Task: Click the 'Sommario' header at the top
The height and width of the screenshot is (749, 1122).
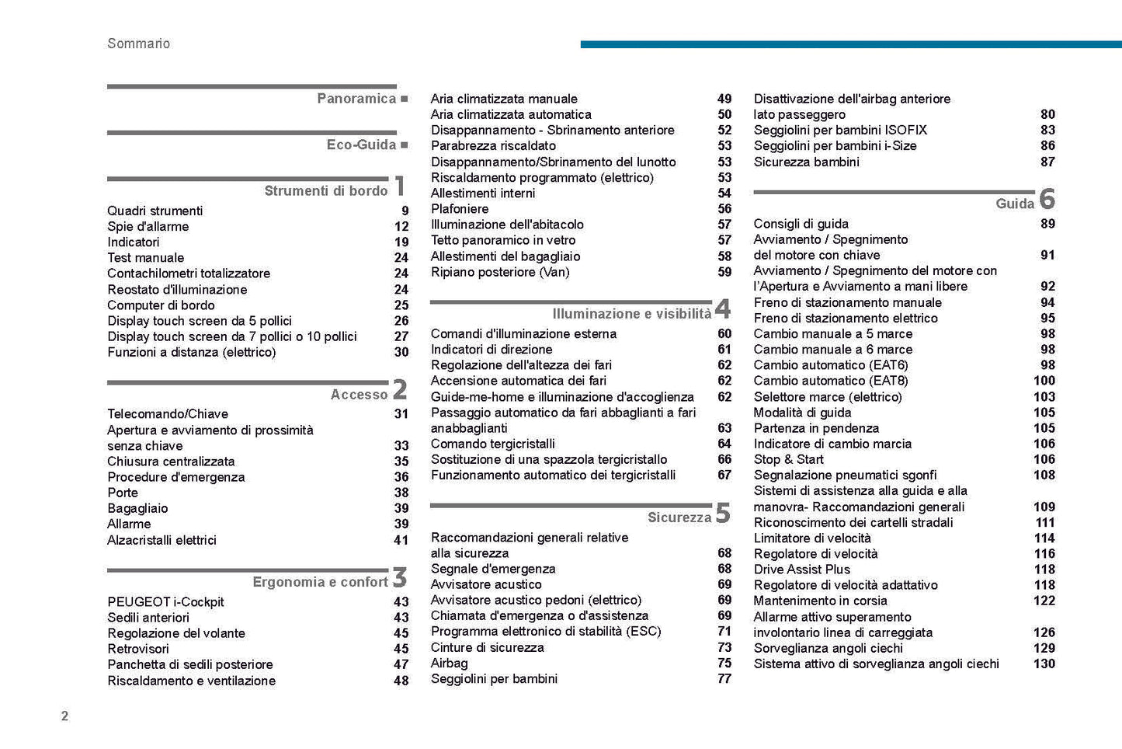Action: [x=138, y=44]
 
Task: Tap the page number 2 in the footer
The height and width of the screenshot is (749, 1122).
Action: [x=64, y=716]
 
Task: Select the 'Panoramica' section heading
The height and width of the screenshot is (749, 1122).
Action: [x=356, y=99]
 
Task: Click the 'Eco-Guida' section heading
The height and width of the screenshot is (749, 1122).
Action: [x=361, y=145]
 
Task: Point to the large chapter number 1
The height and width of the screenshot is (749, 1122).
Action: [x=399, y=187]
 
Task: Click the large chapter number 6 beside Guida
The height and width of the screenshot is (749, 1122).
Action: [x=1047, y=200]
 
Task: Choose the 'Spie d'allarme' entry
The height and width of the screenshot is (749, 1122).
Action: [x=148, y=227]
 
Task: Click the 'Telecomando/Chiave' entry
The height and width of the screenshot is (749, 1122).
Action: [x=168, y=414]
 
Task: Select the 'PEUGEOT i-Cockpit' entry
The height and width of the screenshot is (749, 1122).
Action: [x=165, y=602]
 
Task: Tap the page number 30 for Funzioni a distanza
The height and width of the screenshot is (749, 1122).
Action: [x=401, y=352]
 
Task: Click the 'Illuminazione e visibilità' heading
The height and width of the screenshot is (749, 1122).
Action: [x=631, y=314]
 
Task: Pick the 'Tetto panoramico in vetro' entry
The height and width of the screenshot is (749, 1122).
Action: [x=503, y=240]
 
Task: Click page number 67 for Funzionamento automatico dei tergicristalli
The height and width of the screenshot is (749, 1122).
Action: [x=724, y=475]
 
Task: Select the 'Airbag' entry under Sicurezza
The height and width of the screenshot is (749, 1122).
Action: [x=450, y=663]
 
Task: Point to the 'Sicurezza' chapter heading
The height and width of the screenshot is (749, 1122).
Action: [x=679, y=517]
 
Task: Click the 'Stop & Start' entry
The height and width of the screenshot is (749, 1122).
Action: [x=788, y=459]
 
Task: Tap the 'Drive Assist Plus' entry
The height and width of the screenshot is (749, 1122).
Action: [x=802, y=570]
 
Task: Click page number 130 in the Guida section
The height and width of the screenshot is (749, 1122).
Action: [x=1044, y=664]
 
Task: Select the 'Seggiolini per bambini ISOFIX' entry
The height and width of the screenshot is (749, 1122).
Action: [x=840, y=130]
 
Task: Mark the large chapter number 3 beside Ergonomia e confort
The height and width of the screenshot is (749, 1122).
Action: [x=399, y=578]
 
